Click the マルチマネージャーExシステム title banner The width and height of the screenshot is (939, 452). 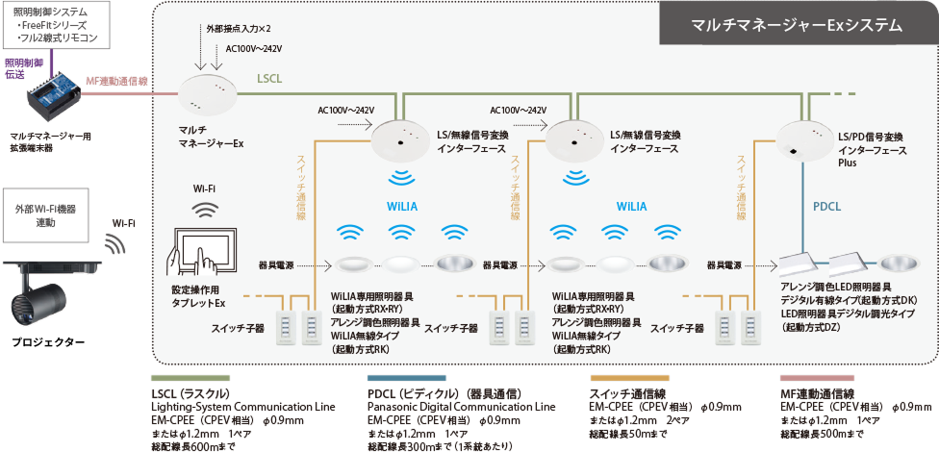coord(797,25)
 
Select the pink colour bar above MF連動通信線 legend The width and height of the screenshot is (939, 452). coord(817,379)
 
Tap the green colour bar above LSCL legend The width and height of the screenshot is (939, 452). coord(190,379)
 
